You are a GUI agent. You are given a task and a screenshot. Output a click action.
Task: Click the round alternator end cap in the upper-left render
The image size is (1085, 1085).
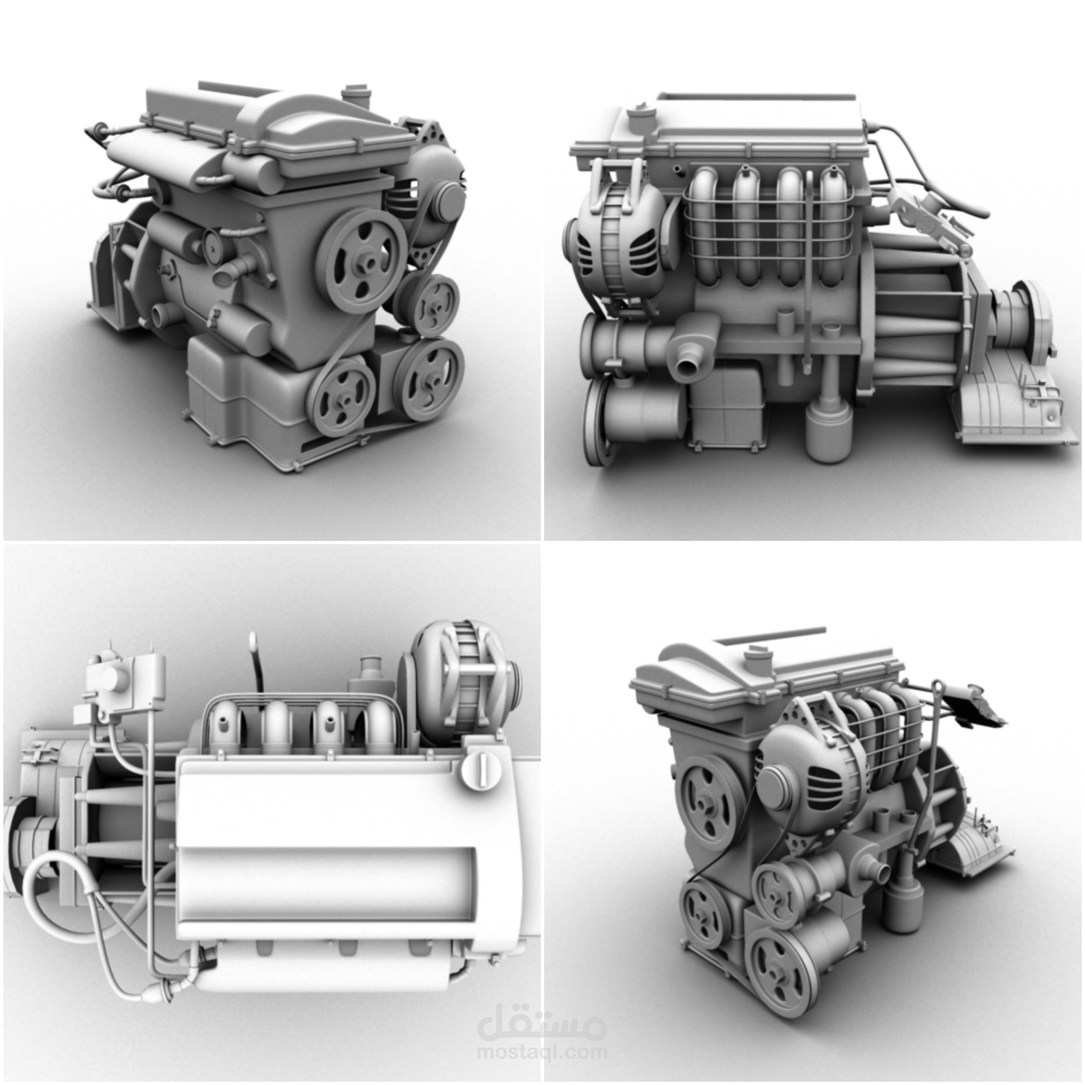click(x=448, y=202)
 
